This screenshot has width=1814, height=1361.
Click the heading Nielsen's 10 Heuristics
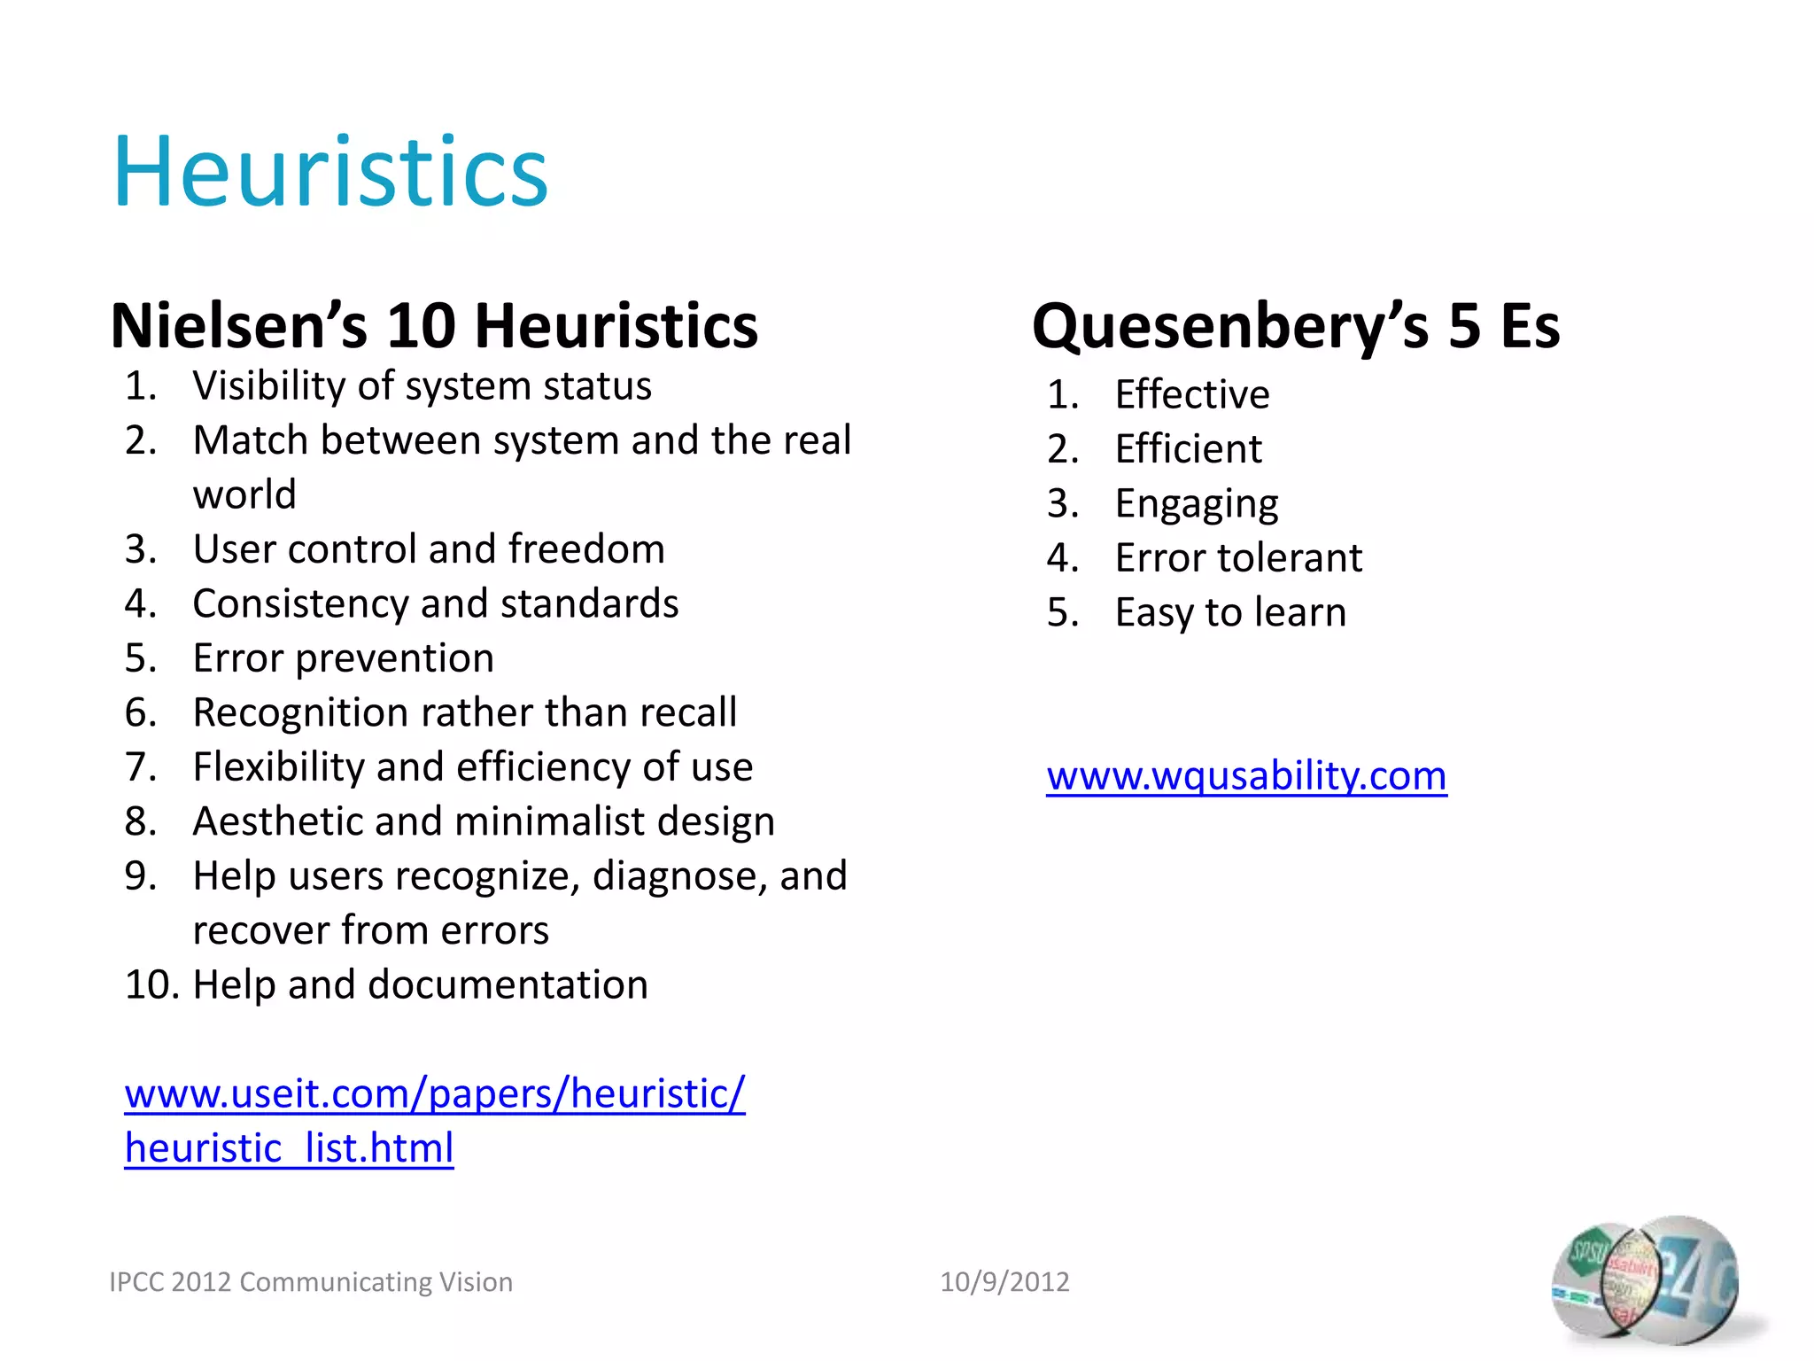tap(434, 325)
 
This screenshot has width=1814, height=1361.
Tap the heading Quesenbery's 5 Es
tap(1295, 325)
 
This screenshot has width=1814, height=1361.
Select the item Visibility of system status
tap(422, 386)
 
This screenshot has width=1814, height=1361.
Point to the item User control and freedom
tap(429, 549)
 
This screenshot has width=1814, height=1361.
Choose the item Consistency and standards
tap(435, 604)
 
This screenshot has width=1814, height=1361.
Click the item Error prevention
tap(343, 658)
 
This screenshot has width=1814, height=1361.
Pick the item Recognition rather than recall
tap(464, 712)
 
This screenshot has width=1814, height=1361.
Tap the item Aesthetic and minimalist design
tap(484, 821)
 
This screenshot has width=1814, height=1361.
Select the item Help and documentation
tap(420, 985)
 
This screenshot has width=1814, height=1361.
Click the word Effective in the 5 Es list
tap(1191, 394)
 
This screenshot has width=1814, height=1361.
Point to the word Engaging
tap(1196, 504)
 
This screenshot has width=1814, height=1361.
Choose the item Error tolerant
tap(1237, 558)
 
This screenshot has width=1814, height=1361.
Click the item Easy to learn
tap(1230, 613)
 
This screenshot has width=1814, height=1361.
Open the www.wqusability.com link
tap(1246, 776)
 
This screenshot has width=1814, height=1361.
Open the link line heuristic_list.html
tap(289, 1148)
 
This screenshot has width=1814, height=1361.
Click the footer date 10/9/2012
tap(1004, 1282)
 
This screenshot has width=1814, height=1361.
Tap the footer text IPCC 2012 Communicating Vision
tap(311, 1282)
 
